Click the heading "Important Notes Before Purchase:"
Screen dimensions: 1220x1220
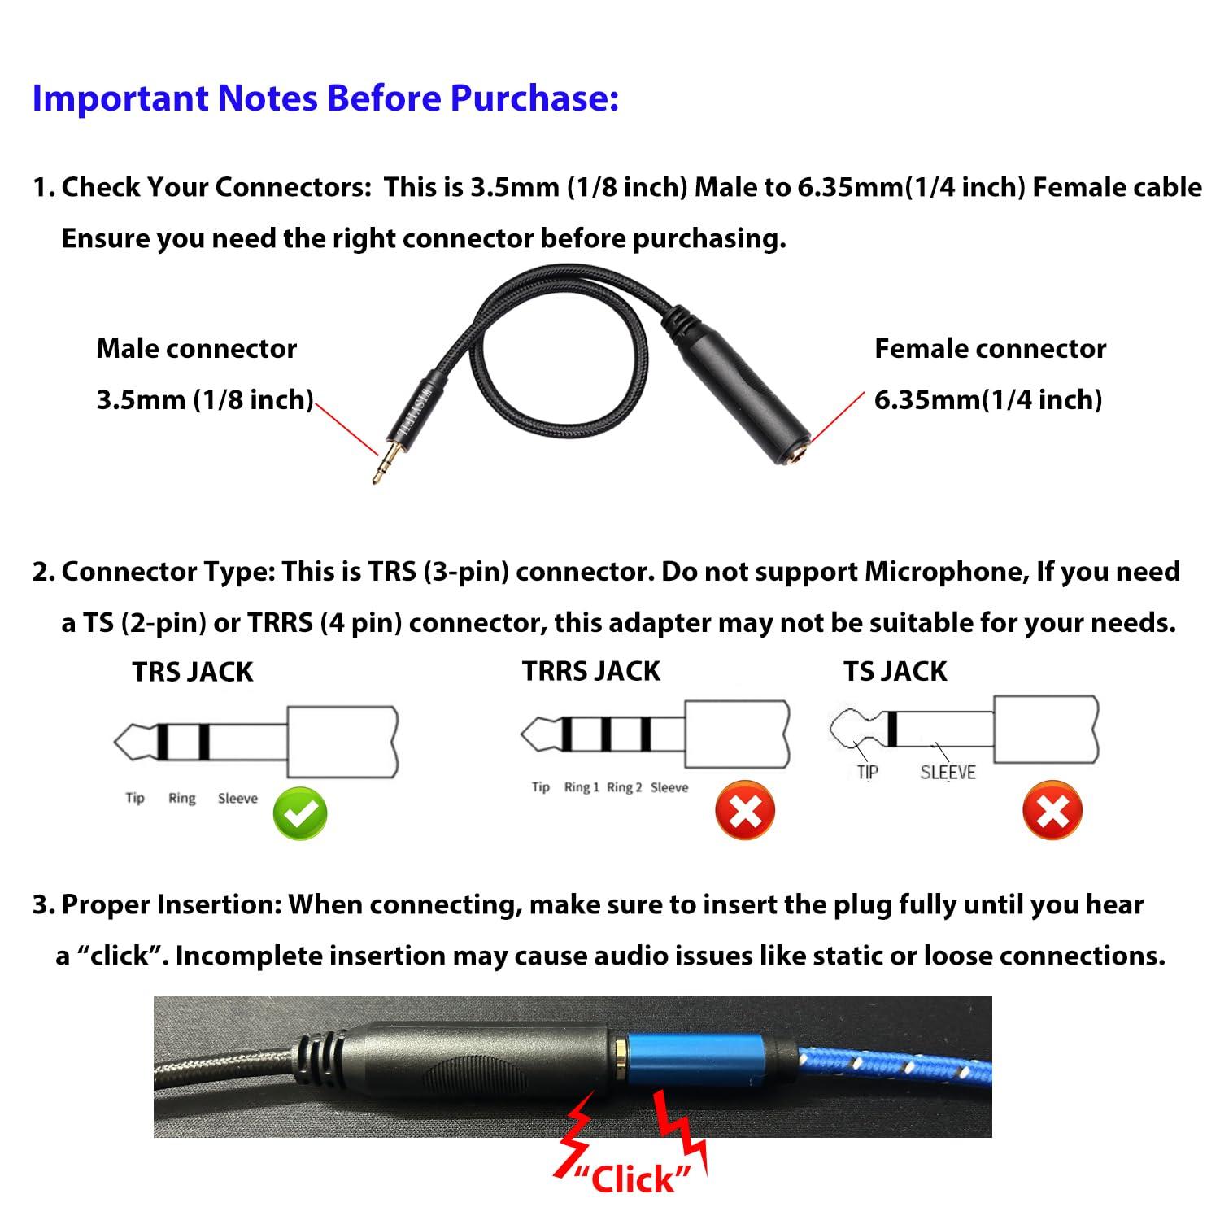[x=325, y=98]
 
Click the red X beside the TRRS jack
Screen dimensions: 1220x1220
[x=744, y=810]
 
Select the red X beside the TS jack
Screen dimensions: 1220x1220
[x=1052, y=811]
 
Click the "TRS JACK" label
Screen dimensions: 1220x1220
[x=193, y=672]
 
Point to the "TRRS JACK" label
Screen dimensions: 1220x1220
[x=590, y=671]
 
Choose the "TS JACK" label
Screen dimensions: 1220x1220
[x=895, y=671]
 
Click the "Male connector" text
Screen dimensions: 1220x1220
[x=196, y=349]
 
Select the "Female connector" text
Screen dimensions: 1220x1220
[x=990, y=349]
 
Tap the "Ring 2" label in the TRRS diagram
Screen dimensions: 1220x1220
[x=624, y=787]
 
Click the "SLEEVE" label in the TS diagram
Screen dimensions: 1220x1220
[x=948, y=773]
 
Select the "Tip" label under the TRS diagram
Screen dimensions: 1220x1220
[x=135, y=798]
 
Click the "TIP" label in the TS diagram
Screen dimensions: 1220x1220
[x=868, y=773]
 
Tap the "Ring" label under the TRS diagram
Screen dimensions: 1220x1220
[x=182, y=798]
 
